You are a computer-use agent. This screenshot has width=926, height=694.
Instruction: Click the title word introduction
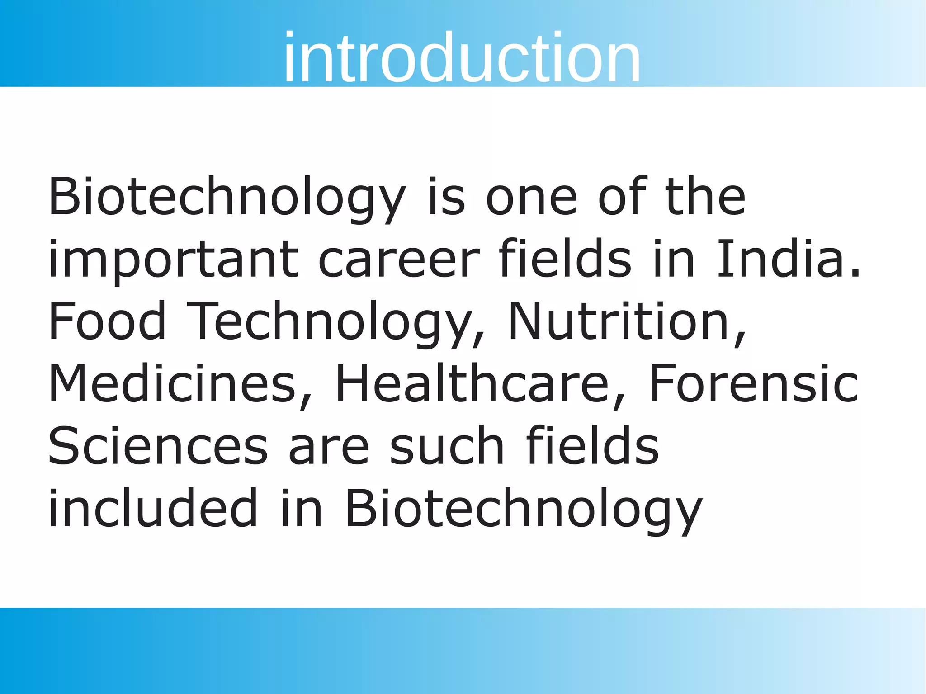(x=462, y=57)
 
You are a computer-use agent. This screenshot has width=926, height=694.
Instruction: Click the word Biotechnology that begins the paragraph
(x=227, y=198)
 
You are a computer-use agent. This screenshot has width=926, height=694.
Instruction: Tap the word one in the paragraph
(x=531, y=198)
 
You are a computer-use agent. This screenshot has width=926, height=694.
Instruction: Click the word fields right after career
(x=565, y=259)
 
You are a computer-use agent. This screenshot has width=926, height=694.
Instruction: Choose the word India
(x=780, y=259)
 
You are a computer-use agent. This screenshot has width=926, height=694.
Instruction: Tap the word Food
(x=107, y=321)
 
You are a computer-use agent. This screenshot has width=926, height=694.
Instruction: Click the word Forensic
(x=753, y=383)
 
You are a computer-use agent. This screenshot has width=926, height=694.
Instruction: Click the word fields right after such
(x=592, y=445)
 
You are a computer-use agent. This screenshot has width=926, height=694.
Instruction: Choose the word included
(x=153, y=507)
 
